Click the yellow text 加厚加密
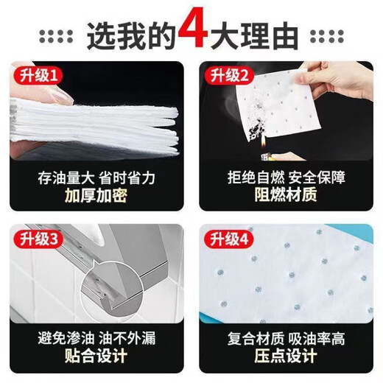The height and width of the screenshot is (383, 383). [x=96, y=196]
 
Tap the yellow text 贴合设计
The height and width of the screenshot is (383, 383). [x=96, y=359]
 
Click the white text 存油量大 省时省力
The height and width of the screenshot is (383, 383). [x=96, y=178]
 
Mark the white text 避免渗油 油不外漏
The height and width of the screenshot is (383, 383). [x=96, y=340]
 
